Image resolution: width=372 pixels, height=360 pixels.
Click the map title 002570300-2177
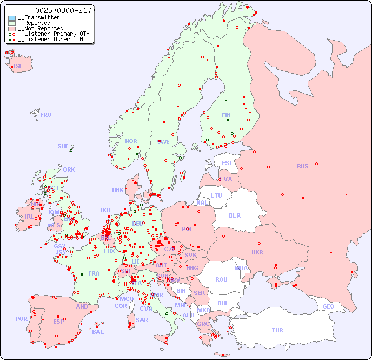click(65, 10)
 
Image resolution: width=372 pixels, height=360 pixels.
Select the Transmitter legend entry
click(41, 18)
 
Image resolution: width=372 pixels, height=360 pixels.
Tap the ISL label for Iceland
click(18, 67)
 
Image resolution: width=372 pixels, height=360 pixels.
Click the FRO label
click(46, 115)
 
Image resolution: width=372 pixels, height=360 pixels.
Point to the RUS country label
click(302, 166)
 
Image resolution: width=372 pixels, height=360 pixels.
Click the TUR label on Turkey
click(277, 330)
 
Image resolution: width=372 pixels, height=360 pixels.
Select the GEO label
click(328, 306)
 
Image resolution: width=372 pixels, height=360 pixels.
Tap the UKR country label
click(257, 252)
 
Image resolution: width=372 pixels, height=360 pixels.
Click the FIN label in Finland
click(226, 115)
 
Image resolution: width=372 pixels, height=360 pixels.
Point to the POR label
click(21, 319)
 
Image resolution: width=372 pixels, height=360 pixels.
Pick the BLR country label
click(235, 215)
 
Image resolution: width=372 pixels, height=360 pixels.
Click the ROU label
click(221, 279)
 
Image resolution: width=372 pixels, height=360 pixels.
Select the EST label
click(227, 163)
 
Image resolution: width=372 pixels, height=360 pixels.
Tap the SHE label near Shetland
click(63, 146)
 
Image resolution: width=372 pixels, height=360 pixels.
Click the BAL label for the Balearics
click(97, 332)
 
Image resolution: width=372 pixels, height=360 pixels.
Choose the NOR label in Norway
click(131, 141)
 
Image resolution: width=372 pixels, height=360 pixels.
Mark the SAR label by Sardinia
click(142, 320)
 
